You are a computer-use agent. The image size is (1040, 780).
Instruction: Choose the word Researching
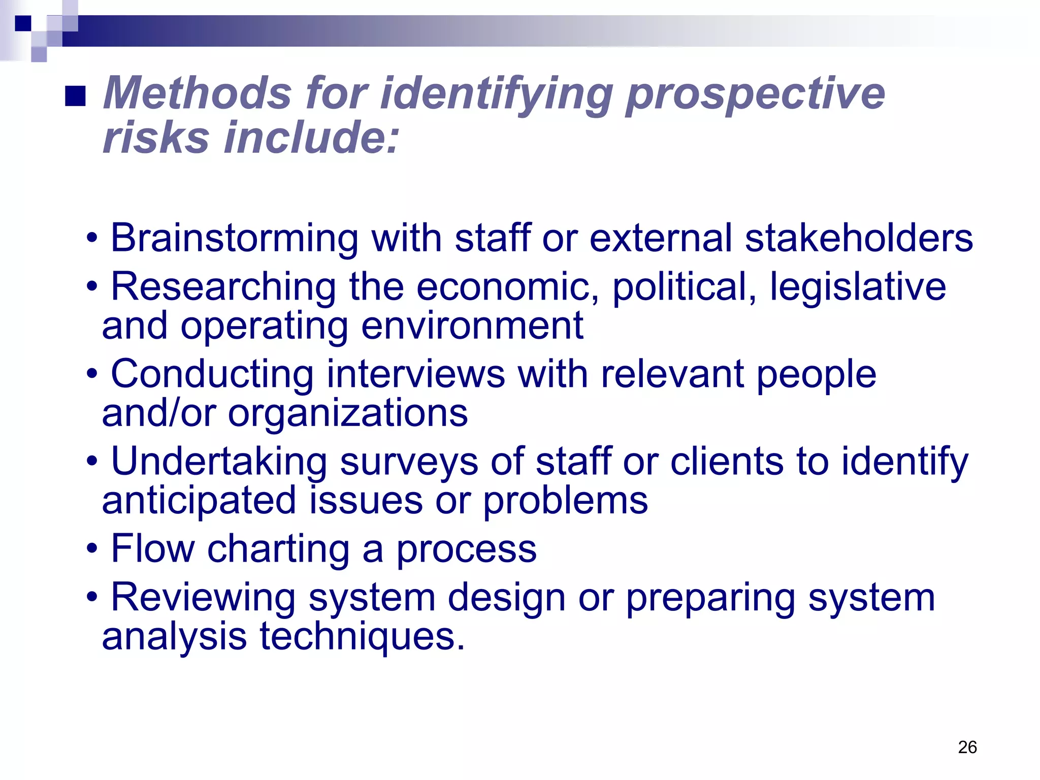click(223, 287)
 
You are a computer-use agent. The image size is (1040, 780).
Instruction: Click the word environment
click(472, 326)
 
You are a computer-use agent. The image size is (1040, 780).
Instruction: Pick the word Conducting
click(212, 374)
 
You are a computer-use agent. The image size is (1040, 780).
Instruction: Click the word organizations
click(347, 413)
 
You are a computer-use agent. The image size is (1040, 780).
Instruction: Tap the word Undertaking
click(219, 462)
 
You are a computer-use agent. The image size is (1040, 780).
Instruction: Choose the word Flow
click(153, 548)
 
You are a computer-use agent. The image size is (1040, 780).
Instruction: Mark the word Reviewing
click(203, 598)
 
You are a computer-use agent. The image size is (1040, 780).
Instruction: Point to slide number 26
click(967, 747)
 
